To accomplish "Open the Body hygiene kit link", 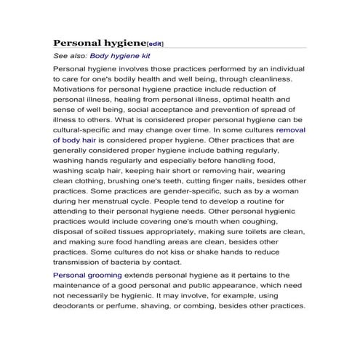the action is coord(120,55).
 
